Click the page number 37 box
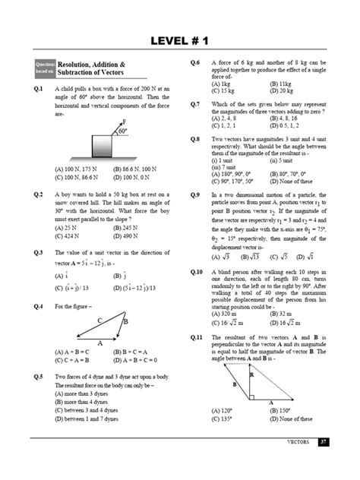click(x=323, y=441)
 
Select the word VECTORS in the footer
click(x=297, y=441)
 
